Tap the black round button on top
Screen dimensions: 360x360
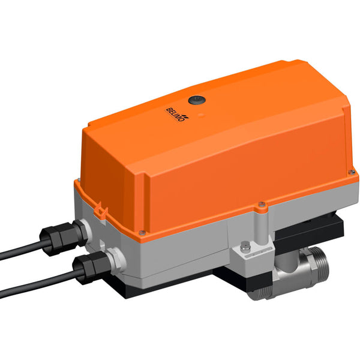click(195, 101)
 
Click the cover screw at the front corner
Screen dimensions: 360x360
click(142, 233)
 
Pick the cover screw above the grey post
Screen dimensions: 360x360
click(262, 208)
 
